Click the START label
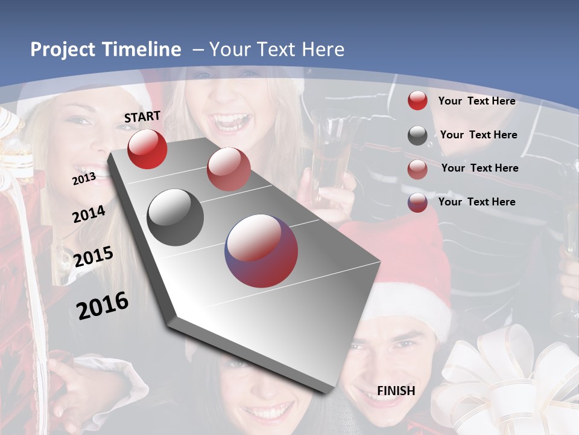[x=142, y=117]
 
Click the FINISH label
[x=396, y=391]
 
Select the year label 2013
[x=84, y=178]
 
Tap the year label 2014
[x=89, y=214]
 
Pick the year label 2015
[x=93, y=257]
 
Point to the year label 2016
[x=102, y=305]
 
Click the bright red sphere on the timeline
[x=147, y=149]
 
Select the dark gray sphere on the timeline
[x=175, y=217]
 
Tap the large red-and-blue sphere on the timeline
[x=261, y=251]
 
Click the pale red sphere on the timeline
[x=229, y=169]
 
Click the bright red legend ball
[x=417, y=101]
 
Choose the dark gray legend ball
[x=417, y=135]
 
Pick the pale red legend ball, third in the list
[x=417, y=169]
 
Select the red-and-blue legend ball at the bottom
[x=417, y=202]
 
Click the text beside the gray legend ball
[x=478, y=135]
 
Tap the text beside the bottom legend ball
[x=477, y=202]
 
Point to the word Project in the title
[x=63, y=50]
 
